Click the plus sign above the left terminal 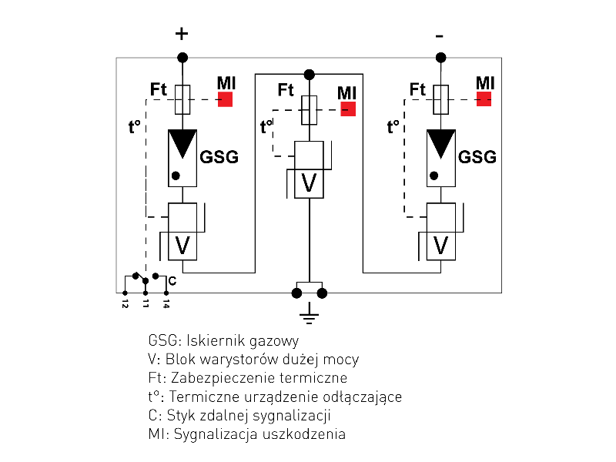(182, 34)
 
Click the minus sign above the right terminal (440, 35)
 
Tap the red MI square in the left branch (225, 99)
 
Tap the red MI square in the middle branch (348, 109)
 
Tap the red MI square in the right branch (484, 99)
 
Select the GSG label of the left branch (219, 158)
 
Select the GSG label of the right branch (477, 158)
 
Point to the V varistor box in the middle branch (309, 183)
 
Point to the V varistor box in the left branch (182, 246)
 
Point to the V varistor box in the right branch (441, 246)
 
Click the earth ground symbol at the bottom (309, 311)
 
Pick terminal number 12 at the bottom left (125, 304)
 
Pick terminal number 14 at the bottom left (166, 304)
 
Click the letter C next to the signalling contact (172, 281)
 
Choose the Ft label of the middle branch (286, 90)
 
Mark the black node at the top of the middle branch (309, 74)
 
